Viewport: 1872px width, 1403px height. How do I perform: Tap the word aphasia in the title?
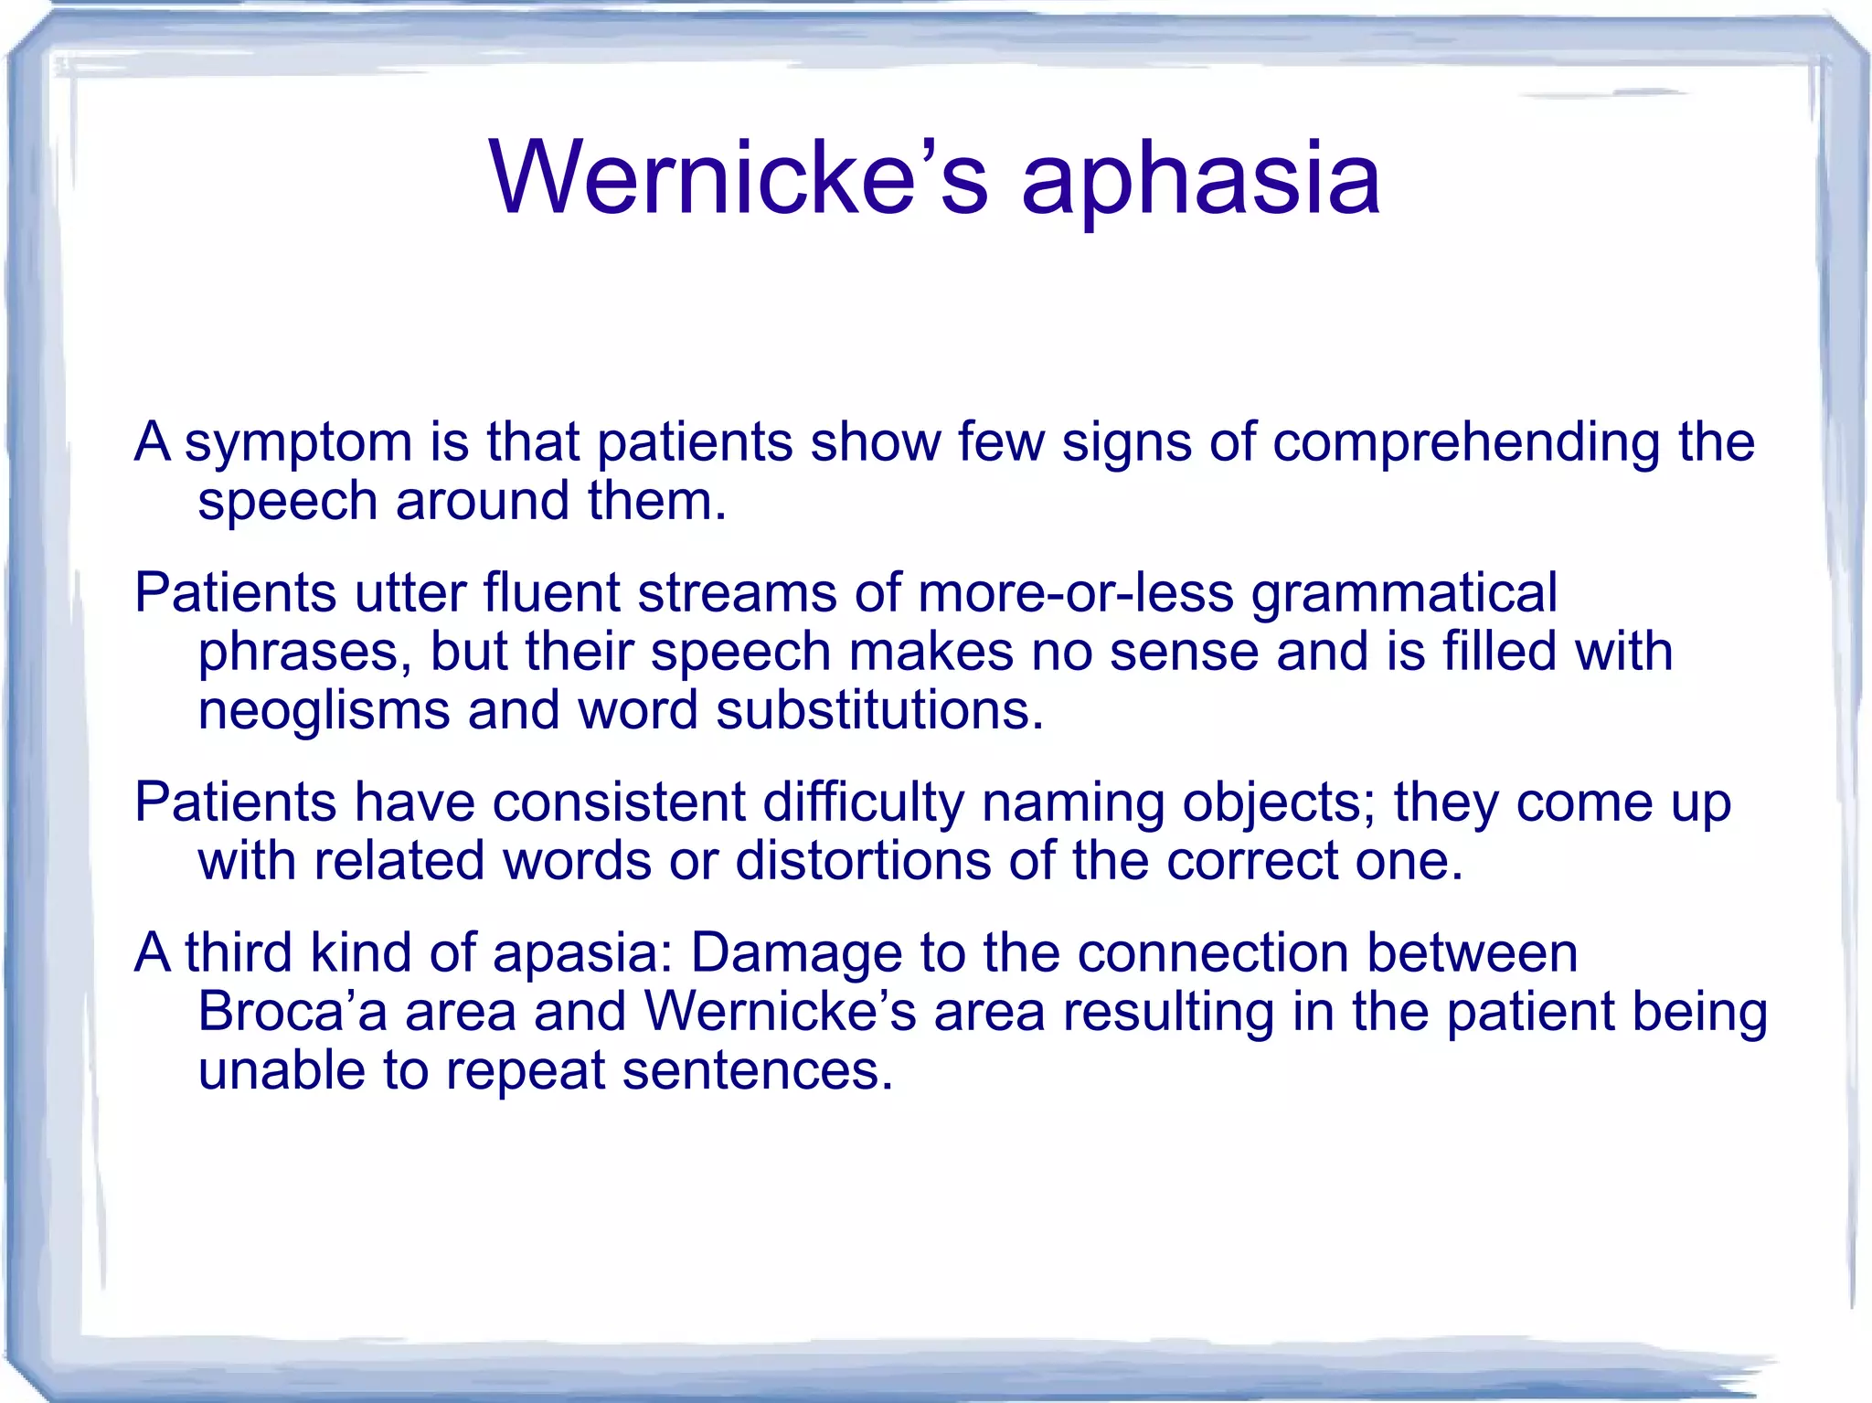1199,181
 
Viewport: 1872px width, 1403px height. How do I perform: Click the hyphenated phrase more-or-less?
1075,593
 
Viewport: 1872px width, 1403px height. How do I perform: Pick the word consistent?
619,802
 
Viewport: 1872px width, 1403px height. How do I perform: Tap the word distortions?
863,861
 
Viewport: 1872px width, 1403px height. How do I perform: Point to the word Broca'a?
292,1012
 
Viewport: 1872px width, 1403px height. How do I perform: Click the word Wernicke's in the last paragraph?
779,1012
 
